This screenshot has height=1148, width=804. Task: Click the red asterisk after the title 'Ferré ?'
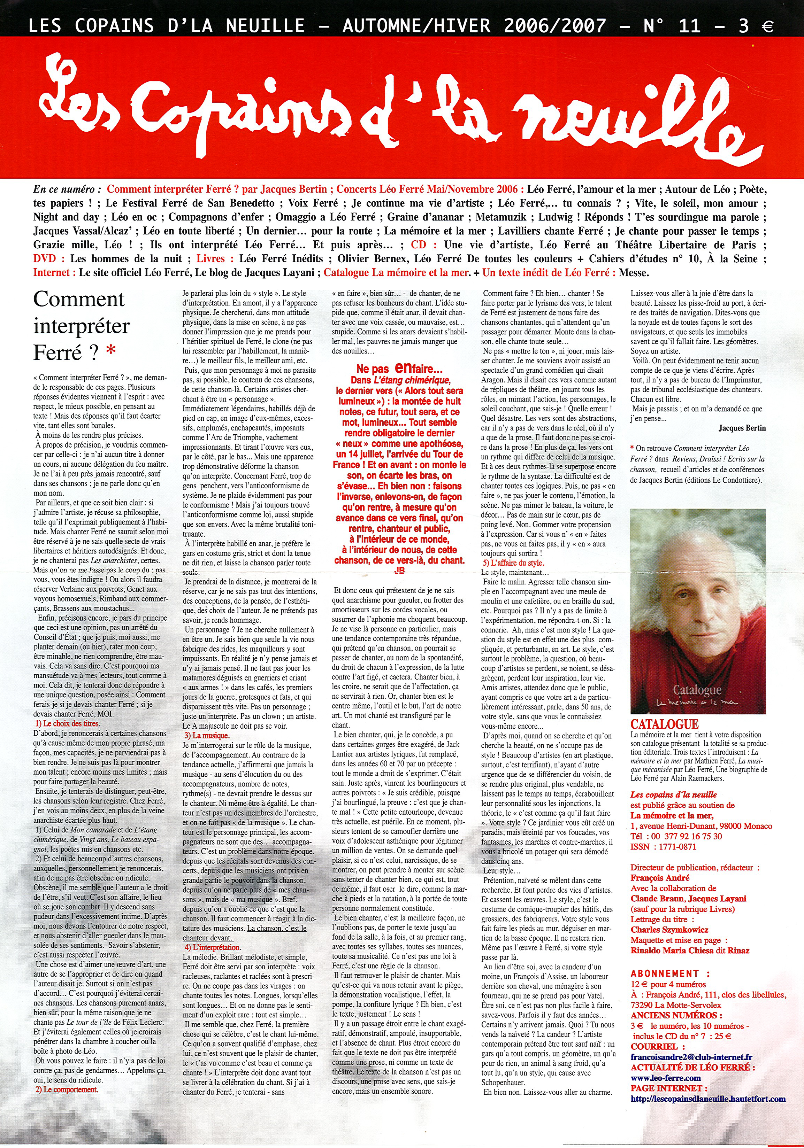point(112,351)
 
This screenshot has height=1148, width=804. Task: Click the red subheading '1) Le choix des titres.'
point(68,723)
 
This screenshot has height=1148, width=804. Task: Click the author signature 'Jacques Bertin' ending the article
point(742,428)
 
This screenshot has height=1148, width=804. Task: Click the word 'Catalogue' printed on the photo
point(696,690)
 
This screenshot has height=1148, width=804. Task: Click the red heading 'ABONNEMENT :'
point(670,974)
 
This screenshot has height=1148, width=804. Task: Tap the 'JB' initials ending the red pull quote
point(399,571)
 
